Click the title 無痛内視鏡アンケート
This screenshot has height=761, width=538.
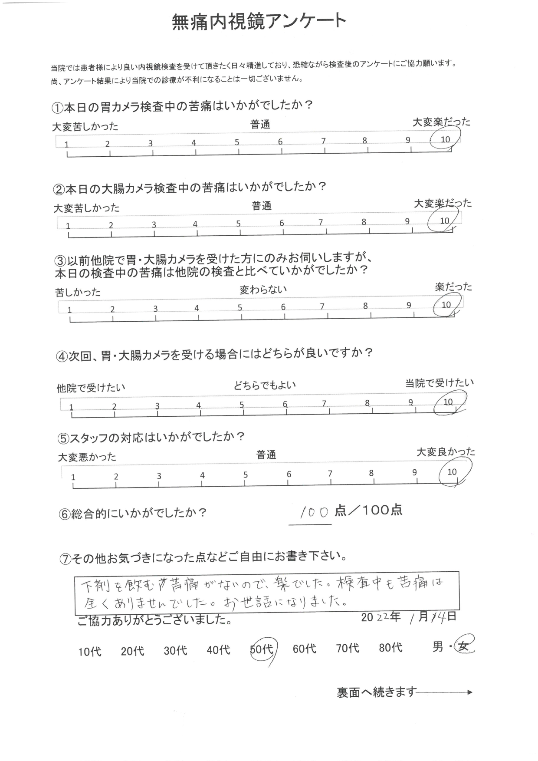[259, 22]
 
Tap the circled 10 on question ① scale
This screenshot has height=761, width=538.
[445, 139]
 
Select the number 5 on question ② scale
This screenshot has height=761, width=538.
[238, 224]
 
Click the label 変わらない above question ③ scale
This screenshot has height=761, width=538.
[263, 290]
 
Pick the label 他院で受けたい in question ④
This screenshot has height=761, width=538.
[91, 387]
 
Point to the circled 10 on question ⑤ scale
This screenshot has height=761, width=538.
[452, 472]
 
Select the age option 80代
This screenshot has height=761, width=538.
[390, 648]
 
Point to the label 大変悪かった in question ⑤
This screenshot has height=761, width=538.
[87, 457]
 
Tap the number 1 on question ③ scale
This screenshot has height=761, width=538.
[69, 310]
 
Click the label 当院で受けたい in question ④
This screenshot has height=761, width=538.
[440, 383]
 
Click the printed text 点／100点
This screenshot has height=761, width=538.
[368, 511]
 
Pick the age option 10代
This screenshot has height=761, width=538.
[90, 652]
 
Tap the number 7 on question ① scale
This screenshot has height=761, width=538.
[323, 141]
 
